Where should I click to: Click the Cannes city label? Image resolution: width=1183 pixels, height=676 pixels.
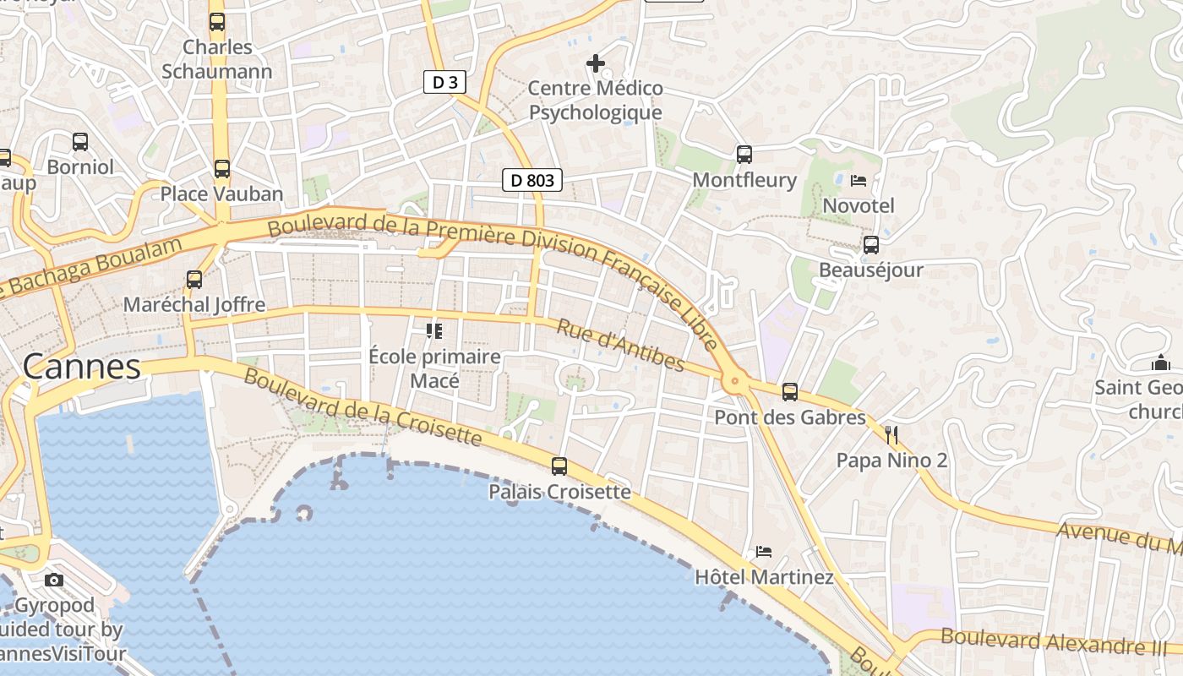[x=81, y=367]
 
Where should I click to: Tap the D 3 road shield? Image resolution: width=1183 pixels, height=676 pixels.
[x=444, y=82]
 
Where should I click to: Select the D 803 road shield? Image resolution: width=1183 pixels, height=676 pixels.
[x=532, y=180]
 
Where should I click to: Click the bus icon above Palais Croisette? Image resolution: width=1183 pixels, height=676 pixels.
[x=559, y=466]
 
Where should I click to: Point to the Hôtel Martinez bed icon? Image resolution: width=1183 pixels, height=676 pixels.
[x=764, y=552]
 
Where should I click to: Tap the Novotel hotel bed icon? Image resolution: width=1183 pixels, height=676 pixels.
[x=859, y=180]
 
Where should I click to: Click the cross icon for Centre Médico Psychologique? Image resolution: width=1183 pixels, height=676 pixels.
[x=596, y=63]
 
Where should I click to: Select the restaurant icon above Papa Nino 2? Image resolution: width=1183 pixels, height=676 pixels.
[x=891, y=435]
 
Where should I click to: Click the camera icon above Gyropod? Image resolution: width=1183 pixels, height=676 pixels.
[x=54, y=580]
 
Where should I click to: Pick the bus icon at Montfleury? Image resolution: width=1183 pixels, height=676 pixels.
[x=744, y=154]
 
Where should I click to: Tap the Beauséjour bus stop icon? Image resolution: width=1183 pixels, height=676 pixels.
[x=870, y=245]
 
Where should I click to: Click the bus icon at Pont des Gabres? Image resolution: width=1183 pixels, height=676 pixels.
[x=790, y=392]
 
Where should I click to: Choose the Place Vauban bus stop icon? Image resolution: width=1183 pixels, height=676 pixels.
[x=221, y=169]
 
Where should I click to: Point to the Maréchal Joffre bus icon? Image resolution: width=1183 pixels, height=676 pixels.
[x=194, y=279]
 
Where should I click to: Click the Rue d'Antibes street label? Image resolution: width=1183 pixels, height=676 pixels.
[x=619, y=346]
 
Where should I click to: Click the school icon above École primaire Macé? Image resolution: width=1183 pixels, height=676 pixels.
[x=434, y=330]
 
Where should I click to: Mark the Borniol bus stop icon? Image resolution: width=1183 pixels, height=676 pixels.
[x=80, y=142]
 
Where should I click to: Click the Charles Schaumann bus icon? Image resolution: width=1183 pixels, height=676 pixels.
[x=217, y=22]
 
